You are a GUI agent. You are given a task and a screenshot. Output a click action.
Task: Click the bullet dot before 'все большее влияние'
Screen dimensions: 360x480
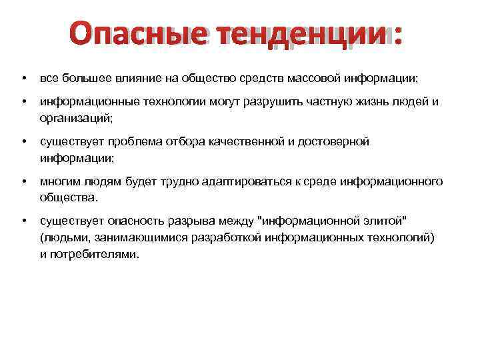[x=23, y=79]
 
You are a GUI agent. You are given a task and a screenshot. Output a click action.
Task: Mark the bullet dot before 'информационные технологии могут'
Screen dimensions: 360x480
[x=23, y=103]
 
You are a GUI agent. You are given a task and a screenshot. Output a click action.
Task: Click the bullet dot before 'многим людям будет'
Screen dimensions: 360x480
[x=23, y=181]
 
